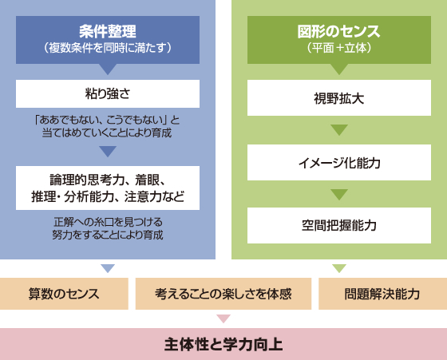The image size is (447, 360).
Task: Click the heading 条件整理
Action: [x=108, y=31]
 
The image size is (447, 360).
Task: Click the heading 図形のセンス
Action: [x=339, y=31]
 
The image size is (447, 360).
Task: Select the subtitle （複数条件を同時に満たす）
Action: [x=108, y=48]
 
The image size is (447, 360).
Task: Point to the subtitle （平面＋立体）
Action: [x=339, y=48]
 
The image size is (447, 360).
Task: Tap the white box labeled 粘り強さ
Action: [x=108, y=93]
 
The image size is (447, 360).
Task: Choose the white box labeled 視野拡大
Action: [x=339, y=97]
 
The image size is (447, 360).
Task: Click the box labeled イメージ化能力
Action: [x=339, y=163]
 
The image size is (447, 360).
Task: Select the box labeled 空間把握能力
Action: [x=339, y=225]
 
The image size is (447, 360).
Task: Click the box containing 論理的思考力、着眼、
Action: [x=108, y=188]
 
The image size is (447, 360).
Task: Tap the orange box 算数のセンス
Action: [x=64, y=294]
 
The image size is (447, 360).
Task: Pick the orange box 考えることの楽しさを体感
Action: [x=223, y=294]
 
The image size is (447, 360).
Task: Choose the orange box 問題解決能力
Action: [x=382, y=294]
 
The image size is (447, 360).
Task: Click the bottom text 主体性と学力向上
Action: [x=223, y=344]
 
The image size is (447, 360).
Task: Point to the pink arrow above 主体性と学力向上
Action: [x=223, y=318]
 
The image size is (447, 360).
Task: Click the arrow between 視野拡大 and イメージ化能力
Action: [x=339, y=129]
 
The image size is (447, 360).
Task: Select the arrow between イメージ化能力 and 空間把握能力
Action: [x=339, y=194]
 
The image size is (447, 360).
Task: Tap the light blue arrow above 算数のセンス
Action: [x=108, y=268]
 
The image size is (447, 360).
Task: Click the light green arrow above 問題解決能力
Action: [x=339, y=268]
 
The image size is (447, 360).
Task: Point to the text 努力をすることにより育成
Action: [x=108, y=235]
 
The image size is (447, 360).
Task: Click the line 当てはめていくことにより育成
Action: [x=107, y=133]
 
